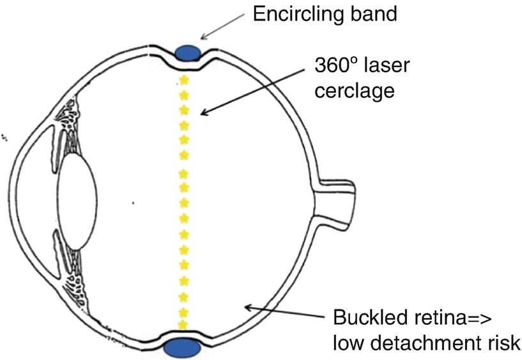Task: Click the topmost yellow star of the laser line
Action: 185,80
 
